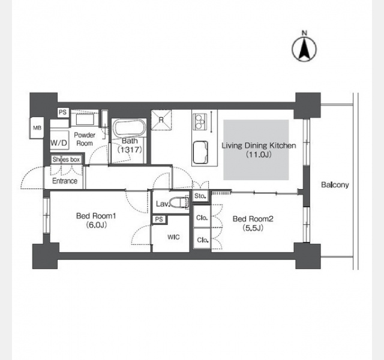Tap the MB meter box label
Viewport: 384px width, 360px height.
[x=37, y=128]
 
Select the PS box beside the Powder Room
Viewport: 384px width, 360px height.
[x=63, y=112]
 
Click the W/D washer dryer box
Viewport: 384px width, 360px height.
[x=59, y=143]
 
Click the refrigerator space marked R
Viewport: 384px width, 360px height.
[x=161, y=120]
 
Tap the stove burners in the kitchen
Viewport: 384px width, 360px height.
[x=200, y=122]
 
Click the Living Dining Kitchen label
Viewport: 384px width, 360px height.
[x=259, y=145]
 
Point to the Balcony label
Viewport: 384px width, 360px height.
[x=335, y=185]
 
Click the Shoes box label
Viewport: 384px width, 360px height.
[x=66, y=160]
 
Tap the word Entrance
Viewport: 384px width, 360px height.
[x=65, y=181]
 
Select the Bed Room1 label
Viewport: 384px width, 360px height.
[x=96, y=216]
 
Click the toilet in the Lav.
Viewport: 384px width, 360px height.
[x=179, y=203]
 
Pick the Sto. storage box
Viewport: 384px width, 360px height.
[x=200, y=196]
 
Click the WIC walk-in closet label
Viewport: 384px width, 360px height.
[x=173, y=237]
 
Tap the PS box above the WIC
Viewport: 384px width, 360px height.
[x=159, y=219]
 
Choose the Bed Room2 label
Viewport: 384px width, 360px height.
[x=253, y=218]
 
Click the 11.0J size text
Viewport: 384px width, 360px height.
[x=259, y=155]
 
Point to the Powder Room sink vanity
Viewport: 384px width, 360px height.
[x=85, y=119]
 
